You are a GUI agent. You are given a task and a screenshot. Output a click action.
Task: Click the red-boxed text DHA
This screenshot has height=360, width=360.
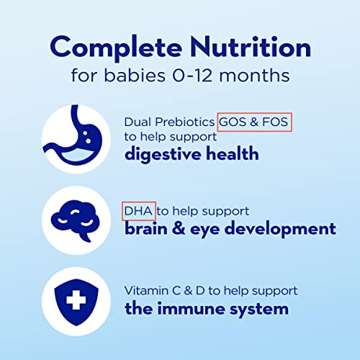coord(139,211)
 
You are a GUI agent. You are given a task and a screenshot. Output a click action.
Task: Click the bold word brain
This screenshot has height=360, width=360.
coord(148,229)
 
